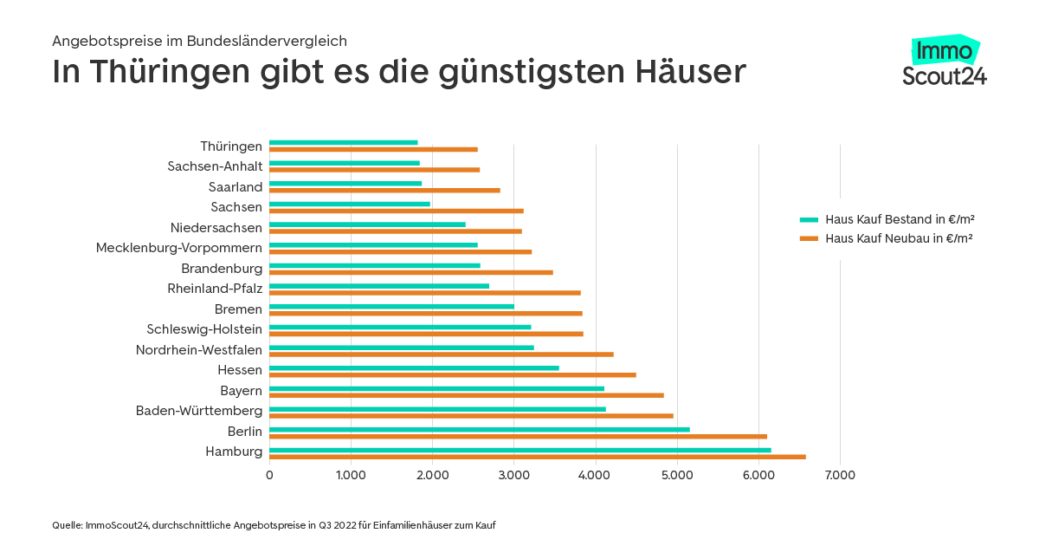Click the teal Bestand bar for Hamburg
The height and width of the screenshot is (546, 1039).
[x=519, y=450]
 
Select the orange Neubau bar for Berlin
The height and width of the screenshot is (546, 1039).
[x=518, y=436]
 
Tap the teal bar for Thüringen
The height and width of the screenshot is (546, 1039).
[x=343, y=143]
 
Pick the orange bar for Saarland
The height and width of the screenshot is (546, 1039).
[x=384, y=190]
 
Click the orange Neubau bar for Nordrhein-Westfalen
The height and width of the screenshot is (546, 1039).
[x=441, y=354]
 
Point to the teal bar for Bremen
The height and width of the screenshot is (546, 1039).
[x=391, y=306]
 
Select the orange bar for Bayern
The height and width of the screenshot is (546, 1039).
[x=466, y=395]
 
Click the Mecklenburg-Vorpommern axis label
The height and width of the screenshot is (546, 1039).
[x=178, y=248]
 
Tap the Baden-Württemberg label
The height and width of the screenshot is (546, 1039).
[x=199, y=410]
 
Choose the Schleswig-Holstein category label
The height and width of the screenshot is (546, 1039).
[x=204, y=329]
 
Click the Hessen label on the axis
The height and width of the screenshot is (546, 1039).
[x=240, y=370]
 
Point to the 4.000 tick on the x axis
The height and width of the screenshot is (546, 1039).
[x=596, y=475]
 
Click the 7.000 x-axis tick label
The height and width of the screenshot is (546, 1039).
[x=840, y=475]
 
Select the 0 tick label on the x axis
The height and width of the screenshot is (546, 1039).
[x=269, y=475]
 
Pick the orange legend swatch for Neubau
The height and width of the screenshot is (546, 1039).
[x=809, y=237]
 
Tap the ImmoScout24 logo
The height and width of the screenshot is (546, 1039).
[x=944, y=62]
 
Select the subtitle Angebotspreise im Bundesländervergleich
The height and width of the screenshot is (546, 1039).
[x=199, y=41]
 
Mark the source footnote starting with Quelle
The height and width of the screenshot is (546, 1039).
[x=274, y=525]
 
